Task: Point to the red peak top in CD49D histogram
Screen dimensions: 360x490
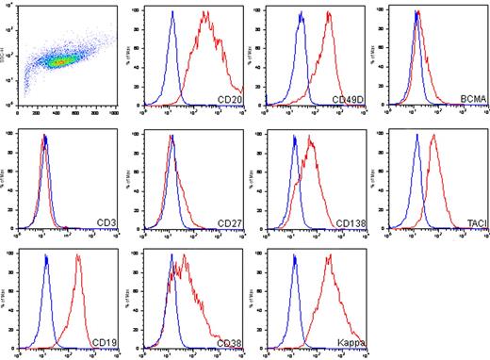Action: coord(328,12)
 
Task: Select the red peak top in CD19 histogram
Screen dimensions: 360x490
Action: coord(78,255)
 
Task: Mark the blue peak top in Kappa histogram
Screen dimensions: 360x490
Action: coord(295,255)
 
